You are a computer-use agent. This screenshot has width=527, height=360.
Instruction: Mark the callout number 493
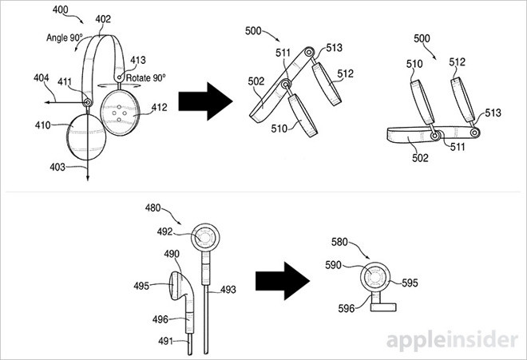tap(228, 290)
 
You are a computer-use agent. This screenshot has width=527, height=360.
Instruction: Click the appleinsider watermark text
tap(452, 341)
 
